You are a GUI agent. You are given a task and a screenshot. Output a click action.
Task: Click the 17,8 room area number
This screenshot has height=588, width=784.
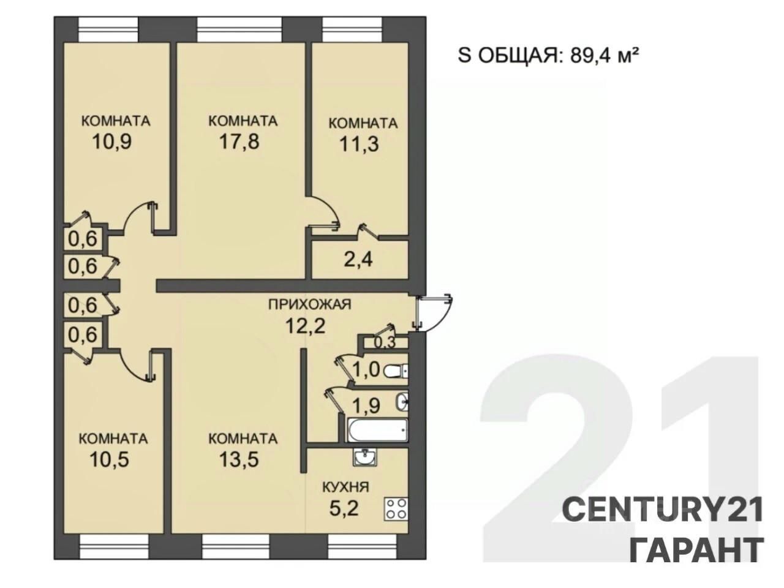point(239,141)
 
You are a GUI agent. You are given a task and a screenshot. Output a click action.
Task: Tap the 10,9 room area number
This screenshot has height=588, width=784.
point(112,141)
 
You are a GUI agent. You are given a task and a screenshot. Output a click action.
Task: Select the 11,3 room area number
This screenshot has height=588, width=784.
point(359,144)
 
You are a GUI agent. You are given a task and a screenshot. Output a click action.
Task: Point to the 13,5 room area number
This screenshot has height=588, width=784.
point(239,459)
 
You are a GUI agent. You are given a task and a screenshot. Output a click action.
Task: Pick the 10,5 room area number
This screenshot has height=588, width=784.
point(109,459)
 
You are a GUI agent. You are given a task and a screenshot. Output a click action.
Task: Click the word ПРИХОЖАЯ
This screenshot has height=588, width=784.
point(310,304)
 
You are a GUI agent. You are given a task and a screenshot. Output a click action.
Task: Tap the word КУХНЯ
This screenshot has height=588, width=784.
point(345,487)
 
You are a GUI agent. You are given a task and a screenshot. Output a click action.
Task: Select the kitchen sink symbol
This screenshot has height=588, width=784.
point(364,458)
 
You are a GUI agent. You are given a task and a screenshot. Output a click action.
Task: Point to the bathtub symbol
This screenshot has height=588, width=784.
point(378,430)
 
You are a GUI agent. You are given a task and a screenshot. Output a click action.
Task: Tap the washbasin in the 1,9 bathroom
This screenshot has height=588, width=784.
point(402,402)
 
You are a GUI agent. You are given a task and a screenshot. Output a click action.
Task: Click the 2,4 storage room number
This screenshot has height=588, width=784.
point(358,260)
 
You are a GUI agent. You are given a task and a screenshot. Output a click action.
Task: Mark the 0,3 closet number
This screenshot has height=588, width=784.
point(385,342)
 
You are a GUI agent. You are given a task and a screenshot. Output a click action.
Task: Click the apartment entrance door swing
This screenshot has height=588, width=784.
point(434,313)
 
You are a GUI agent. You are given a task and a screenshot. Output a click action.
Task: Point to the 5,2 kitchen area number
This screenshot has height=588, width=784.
point(344,508)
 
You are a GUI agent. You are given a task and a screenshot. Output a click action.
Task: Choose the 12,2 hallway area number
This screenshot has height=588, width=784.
point(306,326)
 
